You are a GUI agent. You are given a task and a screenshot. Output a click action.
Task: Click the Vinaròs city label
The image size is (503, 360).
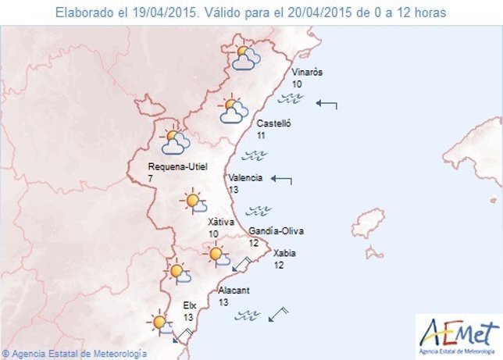[307, 73]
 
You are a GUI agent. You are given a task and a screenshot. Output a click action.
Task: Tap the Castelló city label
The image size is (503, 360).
[273, 123]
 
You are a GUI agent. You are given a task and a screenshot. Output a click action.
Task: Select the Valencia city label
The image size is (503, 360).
[245, 177]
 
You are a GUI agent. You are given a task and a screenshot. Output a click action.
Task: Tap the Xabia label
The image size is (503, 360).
[284, 252]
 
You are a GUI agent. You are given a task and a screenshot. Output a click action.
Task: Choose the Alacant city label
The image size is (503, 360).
[234, 290]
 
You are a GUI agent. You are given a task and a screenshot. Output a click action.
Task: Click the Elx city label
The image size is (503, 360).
[190, 305]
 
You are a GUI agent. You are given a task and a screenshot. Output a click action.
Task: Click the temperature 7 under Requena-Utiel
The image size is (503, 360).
[151, 179]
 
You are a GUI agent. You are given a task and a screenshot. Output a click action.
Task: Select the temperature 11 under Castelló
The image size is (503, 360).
[261, 135]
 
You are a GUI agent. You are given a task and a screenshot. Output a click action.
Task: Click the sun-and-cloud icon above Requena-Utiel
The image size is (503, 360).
[175, 141]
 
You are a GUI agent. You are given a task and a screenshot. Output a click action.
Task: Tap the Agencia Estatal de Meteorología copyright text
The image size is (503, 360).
[74, 354]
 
